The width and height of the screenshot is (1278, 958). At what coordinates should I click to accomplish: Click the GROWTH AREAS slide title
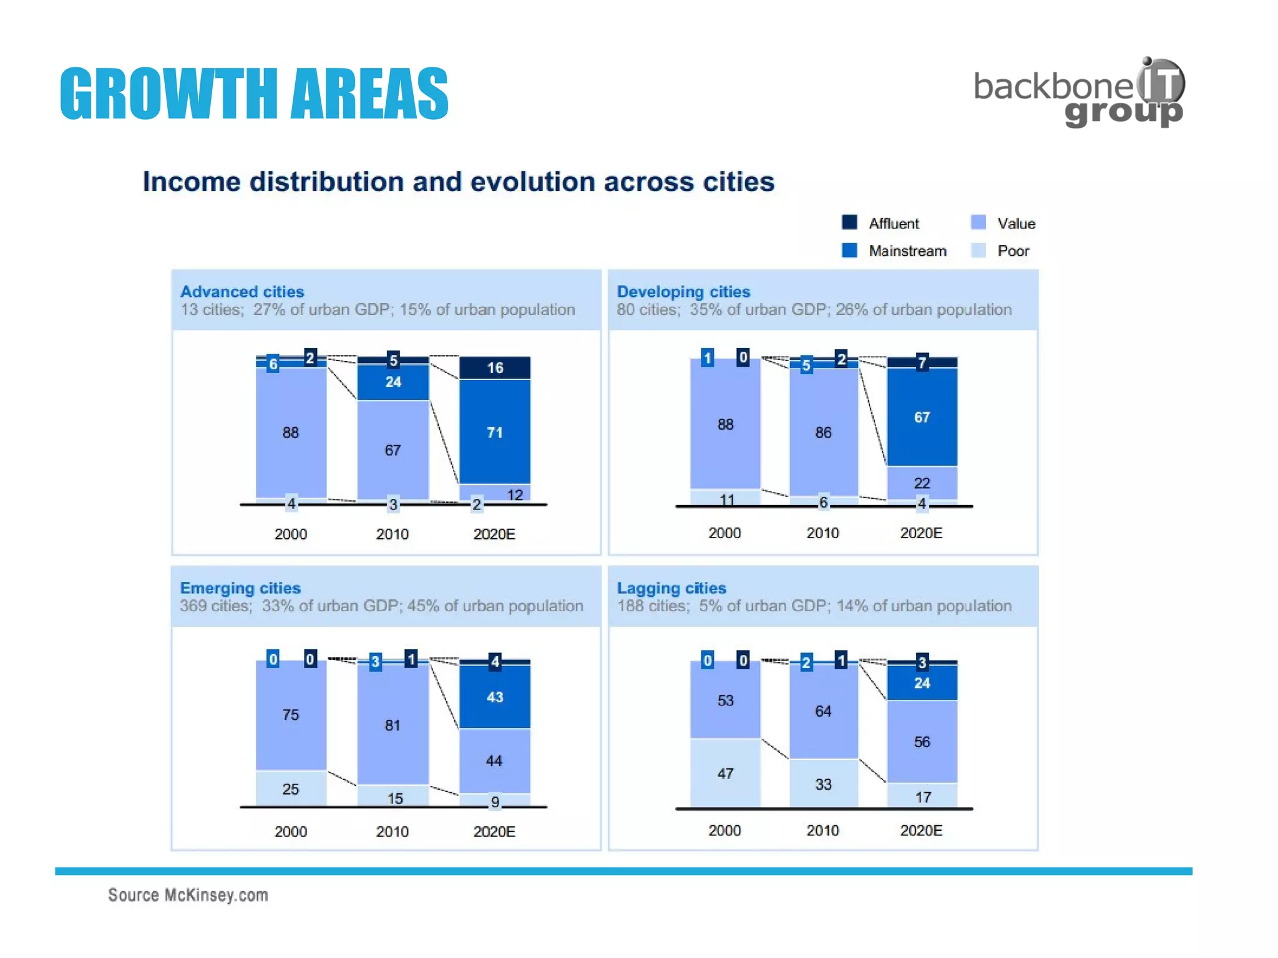point(254,94)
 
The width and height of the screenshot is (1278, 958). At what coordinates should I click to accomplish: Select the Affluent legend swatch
point(849,222)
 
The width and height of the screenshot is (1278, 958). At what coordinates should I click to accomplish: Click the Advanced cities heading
point(242,291)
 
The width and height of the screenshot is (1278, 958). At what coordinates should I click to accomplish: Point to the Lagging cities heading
point(671,588)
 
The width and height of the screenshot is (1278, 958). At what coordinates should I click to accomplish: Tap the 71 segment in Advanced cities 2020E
point(495,432)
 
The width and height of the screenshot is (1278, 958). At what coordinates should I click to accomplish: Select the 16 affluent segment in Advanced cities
point(495,367)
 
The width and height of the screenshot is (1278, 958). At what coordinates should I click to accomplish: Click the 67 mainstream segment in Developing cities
point(922,417)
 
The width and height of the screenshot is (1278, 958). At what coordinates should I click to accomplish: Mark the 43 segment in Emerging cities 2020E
point(495,697)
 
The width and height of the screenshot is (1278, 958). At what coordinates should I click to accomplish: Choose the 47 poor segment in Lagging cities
point(725,773)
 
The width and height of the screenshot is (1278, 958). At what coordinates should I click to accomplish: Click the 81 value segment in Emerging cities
point(393,725)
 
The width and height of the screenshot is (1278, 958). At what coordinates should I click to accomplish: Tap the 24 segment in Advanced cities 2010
point(393,382)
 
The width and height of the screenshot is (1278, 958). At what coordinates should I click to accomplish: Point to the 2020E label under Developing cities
point(921,533)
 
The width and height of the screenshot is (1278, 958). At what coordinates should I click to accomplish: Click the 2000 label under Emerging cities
point(290,831)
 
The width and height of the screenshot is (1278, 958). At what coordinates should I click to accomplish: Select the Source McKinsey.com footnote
point(188,895)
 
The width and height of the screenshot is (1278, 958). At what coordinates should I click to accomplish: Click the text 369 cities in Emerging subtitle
point(214,606)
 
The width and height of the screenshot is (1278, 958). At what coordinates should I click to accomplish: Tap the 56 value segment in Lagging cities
point(922,742)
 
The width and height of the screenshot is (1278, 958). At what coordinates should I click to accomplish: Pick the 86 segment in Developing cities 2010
point(823,432)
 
